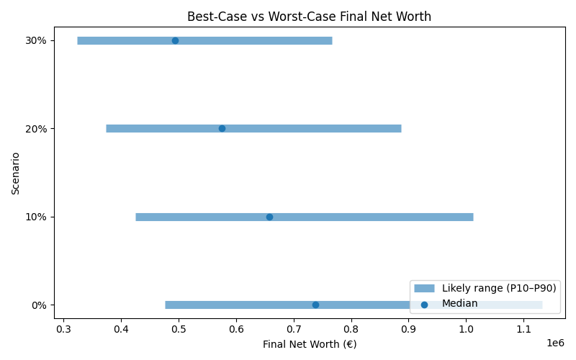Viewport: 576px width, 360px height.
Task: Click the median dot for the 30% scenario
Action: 175,40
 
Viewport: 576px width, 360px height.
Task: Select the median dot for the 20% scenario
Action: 222,128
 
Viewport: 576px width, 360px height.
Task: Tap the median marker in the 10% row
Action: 269,217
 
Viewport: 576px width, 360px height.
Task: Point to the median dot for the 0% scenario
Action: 315,305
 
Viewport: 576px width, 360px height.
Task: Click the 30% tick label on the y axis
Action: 36,40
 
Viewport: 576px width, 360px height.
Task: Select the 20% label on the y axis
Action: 36,128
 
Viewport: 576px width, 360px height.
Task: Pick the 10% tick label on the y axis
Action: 36,217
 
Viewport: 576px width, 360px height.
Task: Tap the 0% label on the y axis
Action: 39,305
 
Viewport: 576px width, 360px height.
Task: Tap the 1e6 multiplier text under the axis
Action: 555,343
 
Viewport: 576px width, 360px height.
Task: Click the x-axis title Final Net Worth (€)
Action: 310,344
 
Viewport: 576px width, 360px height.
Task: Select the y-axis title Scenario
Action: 16,172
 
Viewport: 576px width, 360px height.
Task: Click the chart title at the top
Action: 309,17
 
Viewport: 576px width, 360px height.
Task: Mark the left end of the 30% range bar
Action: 78,40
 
